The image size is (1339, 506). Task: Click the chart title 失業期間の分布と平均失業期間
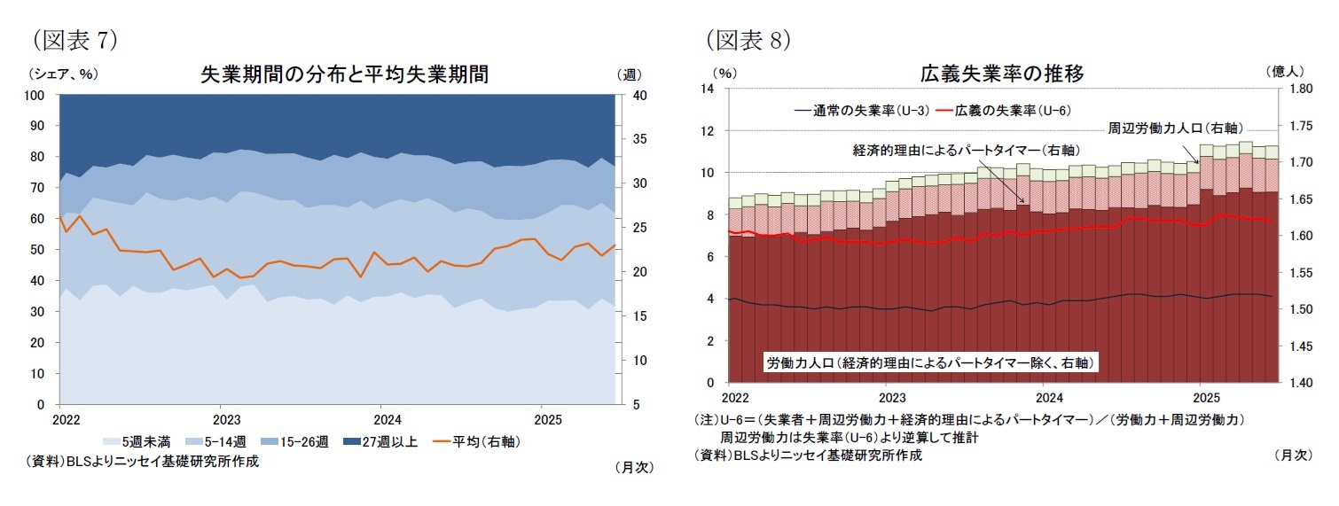[x=345, y=74]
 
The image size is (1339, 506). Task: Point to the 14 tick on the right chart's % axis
[x=709, y=89]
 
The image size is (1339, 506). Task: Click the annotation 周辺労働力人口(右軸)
[x=1174, y=128]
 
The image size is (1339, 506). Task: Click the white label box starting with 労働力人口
[x=930, y=362]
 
